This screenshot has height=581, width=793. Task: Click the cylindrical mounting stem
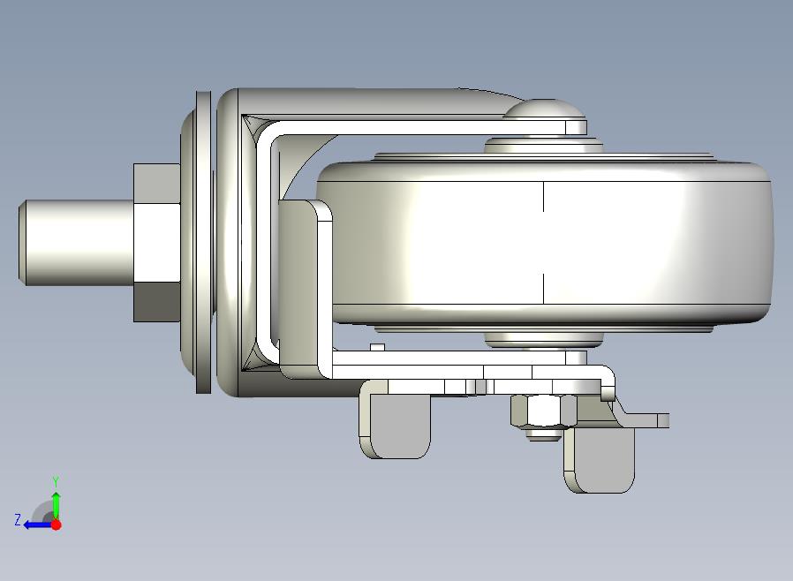pos(76,243)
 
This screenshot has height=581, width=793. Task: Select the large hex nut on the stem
pos(157,243)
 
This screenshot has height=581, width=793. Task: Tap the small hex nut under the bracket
pos(544,411)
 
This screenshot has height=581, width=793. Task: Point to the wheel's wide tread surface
pos(544,243)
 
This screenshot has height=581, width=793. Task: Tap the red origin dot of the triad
pos(57,524)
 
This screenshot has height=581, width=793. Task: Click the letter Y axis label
pos(56,481)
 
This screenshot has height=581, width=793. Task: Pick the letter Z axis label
pos(18,519)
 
